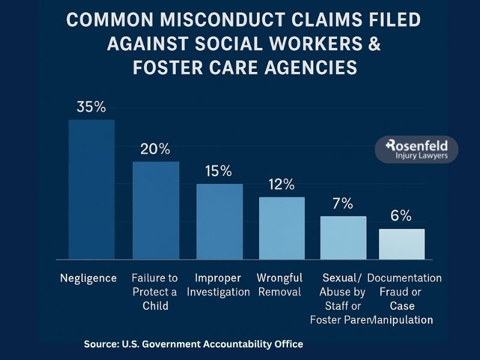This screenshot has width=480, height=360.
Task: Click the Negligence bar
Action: click(91, 189)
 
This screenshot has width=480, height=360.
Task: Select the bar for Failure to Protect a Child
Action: click(155, 210)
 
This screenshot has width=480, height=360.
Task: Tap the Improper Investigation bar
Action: click(220, 221)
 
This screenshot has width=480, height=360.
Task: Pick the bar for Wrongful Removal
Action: click(281, 228)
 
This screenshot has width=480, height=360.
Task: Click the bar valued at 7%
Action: click(343, 238)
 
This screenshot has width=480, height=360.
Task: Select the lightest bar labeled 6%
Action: click(401, 244)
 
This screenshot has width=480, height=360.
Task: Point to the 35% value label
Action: click(91, 107)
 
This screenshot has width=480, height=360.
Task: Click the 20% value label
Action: click(155, 149)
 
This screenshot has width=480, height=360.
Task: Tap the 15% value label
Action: click(218, 171)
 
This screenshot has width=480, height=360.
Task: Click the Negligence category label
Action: click(88, 278)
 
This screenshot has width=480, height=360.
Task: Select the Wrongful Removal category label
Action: click(280, 285)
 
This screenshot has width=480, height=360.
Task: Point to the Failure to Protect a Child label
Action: click(155, 292)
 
